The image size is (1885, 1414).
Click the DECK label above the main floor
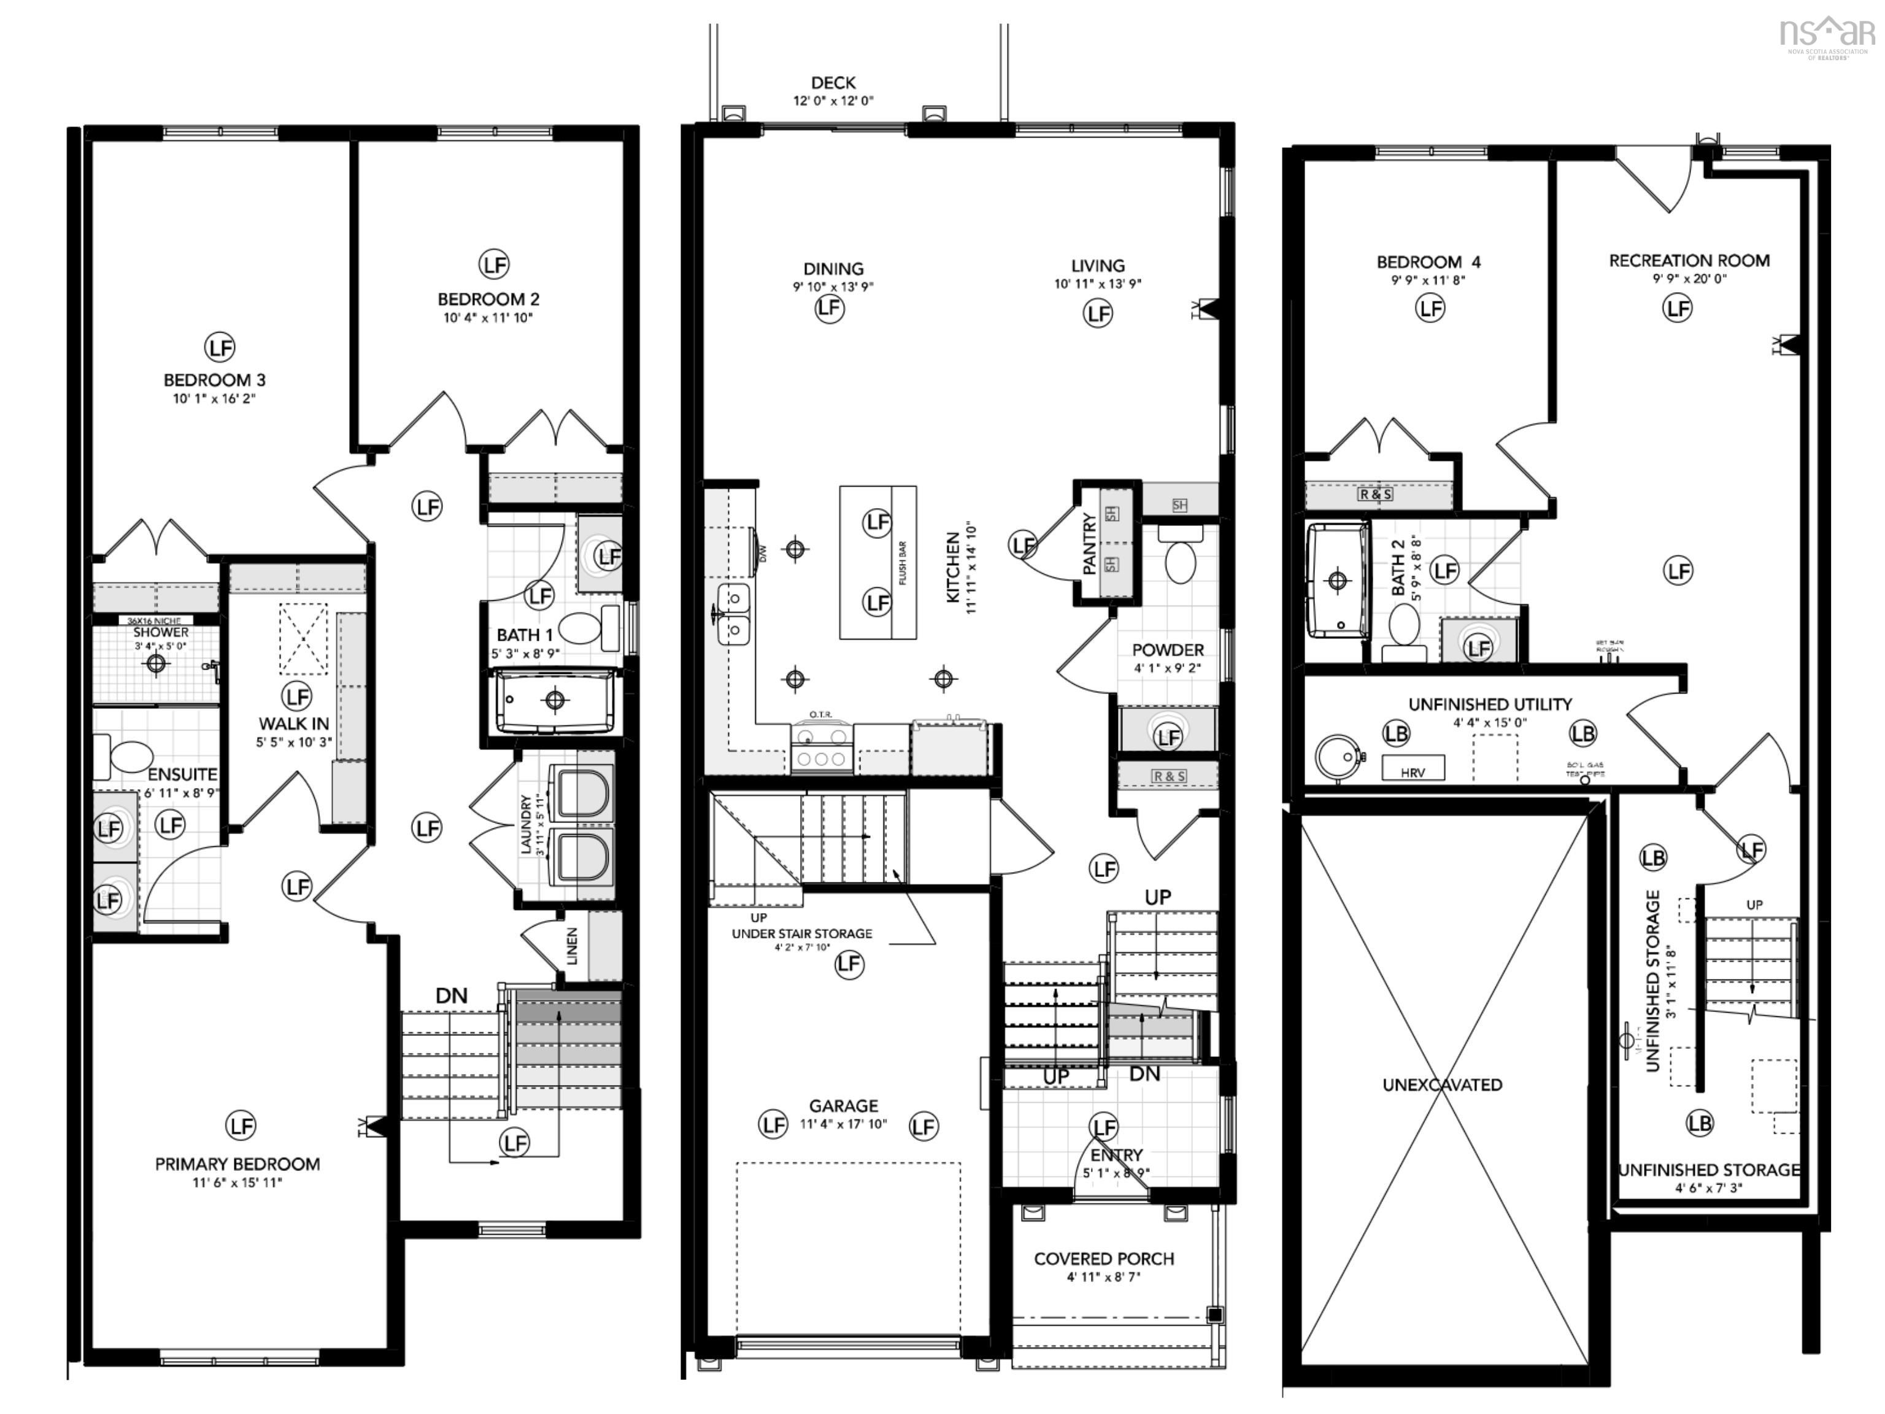click(833, 83)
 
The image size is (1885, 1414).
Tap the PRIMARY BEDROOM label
click(237, 1164)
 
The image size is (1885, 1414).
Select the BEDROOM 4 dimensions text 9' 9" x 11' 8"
click(1428, 280)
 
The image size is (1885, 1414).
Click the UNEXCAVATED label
click(1442, 1085)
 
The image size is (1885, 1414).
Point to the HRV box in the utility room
click(1413, 767)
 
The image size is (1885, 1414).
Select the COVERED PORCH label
click(1103, 1259)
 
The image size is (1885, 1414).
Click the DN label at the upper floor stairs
click(452, 995)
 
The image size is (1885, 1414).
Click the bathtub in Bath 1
click(555, 701)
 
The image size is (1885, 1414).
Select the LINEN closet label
click(572, 946)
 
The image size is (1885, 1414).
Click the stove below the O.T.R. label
click(822, 748)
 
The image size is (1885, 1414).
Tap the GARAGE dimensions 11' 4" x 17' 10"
click(843, 1124)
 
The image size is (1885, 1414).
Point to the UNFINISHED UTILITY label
click(1490, 705)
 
